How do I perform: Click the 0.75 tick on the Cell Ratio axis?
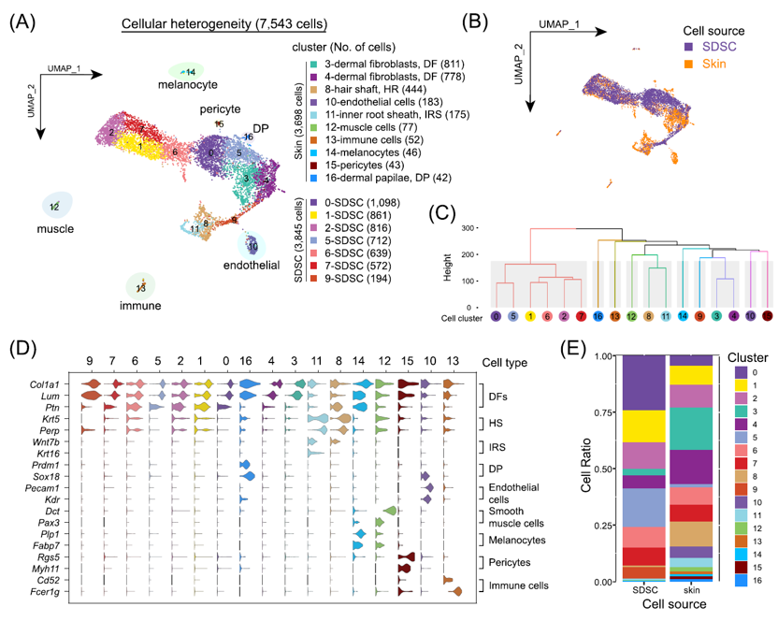(602, 412)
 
